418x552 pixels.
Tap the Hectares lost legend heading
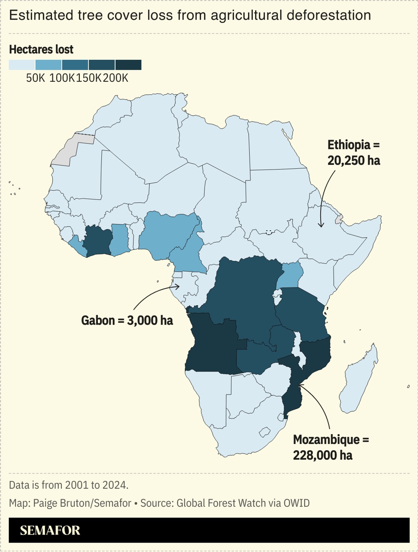click(41, 49)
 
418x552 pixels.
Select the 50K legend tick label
click(35, 78)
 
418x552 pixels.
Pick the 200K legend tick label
click(115, 78)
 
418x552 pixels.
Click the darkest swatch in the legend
click(128, 65)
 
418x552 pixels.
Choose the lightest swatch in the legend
click(22, 65)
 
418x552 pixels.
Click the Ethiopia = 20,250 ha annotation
click(353, 153)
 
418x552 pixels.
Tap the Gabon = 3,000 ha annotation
click(127, 320)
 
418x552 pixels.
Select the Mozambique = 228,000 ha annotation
click(331, 447)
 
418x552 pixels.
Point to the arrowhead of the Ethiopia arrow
click(321, 226)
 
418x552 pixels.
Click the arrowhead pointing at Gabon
click(178, 287)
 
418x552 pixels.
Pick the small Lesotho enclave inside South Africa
click(265, 432)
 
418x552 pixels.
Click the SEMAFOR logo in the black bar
click(50, 530)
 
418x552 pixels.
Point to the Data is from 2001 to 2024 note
click(69, 485)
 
